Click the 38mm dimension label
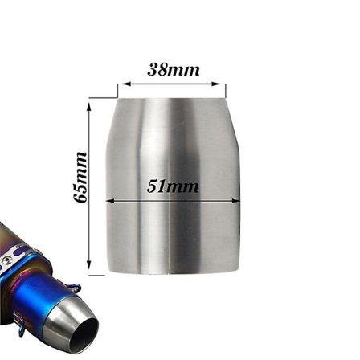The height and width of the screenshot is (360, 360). (x=174, y=69)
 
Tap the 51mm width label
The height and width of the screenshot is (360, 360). (x=173, y=186)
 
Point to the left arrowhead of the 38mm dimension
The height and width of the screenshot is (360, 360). (x=122, y=83)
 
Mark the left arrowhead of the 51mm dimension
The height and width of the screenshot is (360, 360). (x=108, y=201)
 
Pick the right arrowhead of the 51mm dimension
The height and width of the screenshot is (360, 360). (x=238, y=201)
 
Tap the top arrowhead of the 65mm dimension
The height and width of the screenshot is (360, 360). (x=88, y=103)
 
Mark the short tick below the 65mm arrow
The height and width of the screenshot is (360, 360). (x=96, y=275)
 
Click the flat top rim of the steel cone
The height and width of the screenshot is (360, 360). (x=172, y=100)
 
